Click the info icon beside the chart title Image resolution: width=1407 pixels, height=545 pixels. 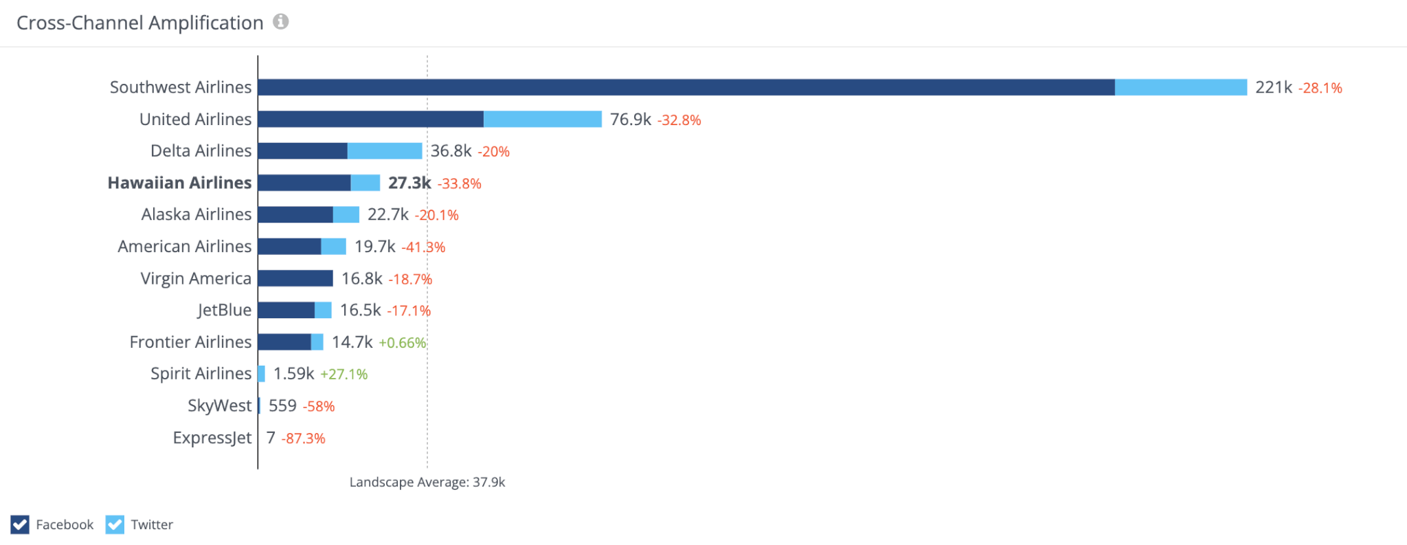click(280, 22)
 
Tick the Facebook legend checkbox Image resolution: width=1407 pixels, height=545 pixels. click(20, 524)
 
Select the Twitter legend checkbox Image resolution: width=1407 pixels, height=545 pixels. click(115, 524)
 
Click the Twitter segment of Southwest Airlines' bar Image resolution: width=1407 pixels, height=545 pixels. click(1180, 87)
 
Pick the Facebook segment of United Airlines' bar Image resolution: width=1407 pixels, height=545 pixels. click(371, 119)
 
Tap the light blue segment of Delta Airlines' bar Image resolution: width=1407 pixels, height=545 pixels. click(385, 151)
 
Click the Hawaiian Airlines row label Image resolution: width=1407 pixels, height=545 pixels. click(179, 183)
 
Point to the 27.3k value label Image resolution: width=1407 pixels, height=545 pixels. click(409, 183)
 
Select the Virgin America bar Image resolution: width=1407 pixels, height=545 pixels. click(295, 278)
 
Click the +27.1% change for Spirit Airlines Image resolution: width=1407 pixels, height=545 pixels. click(344, 375)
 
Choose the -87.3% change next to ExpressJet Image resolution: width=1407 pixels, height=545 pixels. click(303, 438)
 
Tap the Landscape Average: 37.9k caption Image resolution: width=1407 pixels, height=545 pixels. click(427, 482)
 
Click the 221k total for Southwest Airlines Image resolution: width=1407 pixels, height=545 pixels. click(1273, 87)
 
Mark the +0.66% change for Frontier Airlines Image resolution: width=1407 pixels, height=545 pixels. click(403, 343)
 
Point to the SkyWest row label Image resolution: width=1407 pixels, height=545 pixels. click(219, 406)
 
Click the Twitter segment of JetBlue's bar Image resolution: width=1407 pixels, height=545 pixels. click(323, 310)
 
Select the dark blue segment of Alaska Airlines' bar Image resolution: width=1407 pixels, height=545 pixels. click(295, 214)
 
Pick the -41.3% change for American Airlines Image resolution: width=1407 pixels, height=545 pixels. click(423, 247)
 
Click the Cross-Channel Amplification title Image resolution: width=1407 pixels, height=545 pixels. click(139, 23)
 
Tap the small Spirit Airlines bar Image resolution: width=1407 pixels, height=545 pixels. click(262, 374)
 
